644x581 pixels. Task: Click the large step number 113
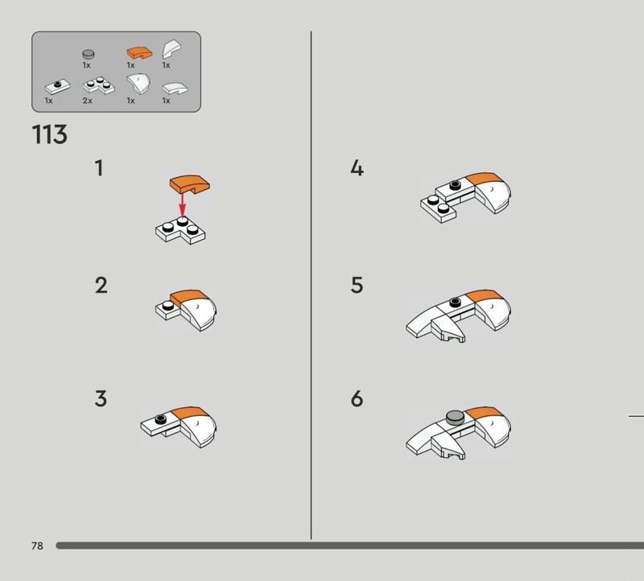click(x=50, y=134)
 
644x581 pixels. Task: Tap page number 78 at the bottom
click(x=37, y=546)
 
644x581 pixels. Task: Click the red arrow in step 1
click(x=182, y=205)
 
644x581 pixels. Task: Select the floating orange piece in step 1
click(x=190, y=184)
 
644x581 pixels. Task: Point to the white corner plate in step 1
click(x=180, y=231)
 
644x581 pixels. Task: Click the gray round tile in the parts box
click(x=89, y=54)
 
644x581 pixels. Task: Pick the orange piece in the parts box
click(x=139, y=52)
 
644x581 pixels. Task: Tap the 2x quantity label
click(x=88, y=101)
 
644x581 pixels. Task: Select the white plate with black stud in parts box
click(x=57, y=87)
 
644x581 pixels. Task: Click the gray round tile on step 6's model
click(x=455, y=417)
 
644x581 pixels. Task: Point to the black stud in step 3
click(x=160, y=419)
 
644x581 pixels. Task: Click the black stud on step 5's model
click(x=455, y=303)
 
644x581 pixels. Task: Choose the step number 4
click(x=357, y=168)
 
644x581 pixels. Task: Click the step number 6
click(x=357, y=399)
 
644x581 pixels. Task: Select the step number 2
click(x=101, y=286)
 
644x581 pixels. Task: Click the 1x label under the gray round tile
click(x=86, y=65)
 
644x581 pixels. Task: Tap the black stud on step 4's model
click(x=455, y=185)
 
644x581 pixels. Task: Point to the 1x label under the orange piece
click(x=130, y=65)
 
